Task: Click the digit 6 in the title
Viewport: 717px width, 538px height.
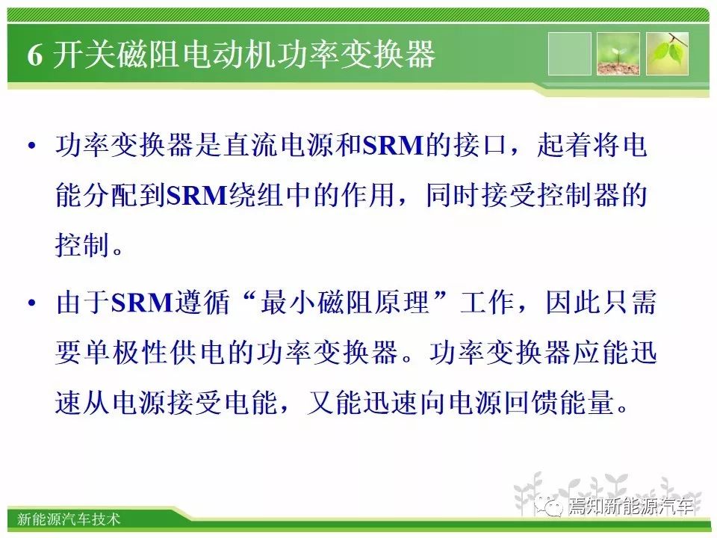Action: click(x=35, y=55)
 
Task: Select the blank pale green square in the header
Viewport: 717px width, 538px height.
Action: click(x=570, y=54)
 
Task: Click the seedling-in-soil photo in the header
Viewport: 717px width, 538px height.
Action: click(x=618, y=54)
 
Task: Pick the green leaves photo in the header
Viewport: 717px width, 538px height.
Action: click(x=667, y=54)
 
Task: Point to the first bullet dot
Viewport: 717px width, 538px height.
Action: click(x=31, y=146)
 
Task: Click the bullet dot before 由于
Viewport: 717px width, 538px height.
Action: click(x=31, y=303)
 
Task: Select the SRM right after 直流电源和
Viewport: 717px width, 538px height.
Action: click(x=394, y=146)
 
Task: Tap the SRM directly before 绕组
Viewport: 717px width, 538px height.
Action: click(x=197, y=195)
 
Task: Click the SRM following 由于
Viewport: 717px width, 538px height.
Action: click(x=142, y=303)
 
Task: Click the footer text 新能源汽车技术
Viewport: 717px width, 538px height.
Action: click(x=69, y=519)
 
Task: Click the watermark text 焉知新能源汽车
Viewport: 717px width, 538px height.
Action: click(x=630, y=506)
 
